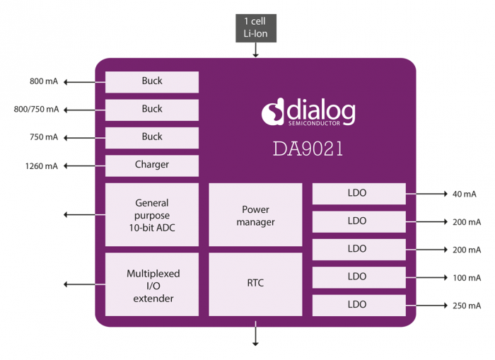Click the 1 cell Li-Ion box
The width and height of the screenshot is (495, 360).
pos(255,28)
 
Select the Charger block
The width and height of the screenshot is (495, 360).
pos(151,166)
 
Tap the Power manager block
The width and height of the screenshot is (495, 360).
pos(255,216)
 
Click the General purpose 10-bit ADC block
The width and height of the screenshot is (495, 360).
pos(151,215)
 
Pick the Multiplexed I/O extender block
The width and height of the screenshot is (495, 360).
pos(151,285)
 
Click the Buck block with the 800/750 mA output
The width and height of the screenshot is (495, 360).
pos(151,110)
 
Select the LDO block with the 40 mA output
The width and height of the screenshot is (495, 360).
pos(359,193)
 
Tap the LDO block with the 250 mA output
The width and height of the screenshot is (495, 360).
pos(359,306)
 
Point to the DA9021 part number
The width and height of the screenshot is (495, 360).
pos(308,149)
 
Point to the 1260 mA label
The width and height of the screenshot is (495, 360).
pos(42,166)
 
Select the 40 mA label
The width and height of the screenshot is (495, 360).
pos(465,194)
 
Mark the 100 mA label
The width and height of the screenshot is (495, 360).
pos(467,278)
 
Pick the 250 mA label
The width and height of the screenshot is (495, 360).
pos(467,306)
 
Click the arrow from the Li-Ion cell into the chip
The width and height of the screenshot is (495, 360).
pos(255,50)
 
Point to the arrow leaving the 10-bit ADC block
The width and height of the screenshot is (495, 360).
pos(82,214)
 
